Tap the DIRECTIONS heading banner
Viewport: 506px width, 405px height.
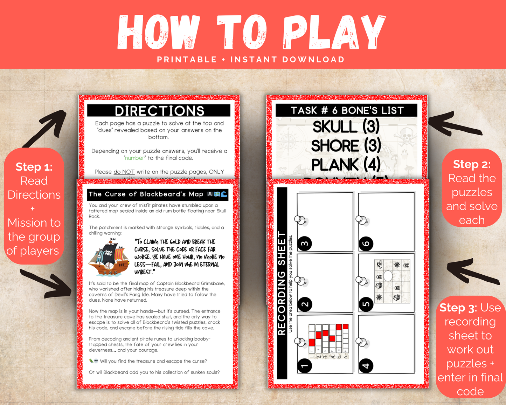coord(159,111)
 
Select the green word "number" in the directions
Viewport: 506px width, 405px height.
coord(135,158)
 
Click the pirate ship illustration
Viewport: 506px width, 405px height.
coord(109,258)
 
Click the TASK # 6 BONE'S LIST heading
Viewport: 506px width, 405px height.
coord(347,110)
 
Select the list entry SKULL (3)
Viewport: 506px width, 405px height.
coord(346,126)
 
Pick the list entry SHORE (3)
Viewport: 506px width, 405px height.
coord(346,145)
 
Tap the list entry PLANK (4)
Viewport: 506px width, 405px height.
coord(346,164)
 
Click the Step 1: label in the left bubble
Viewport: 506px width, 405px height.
coord(34,167)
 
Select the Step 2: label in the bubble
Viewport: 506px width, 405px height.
coord(472,164)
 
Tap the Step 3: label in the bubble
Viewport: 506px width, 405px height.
coord(458,308)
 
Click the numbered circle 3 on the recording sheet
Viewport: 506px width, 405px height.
coord(305,243)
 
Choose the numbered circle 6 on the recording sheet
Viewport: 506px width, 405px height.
coord(366,243)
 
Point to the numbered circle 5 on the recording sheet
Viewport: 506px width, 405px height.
coord(366,304)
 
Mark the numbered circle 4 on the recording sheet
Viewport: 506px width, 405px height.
coord(366,366)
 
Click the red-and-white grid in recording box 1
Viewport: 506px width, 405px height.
coord(328,338)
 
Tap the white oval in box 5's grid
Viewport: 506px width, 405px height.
coord(388,276)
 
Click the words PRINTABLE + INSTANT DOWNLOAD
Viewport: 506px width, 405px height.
coord(251,60)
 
